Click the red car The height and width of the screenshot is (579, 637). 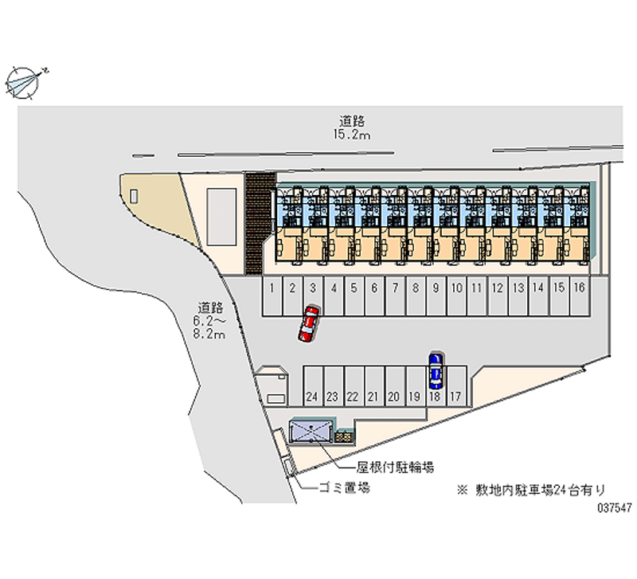click(308, 324)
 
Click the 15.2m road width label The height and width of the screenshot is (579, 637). click(352, 128)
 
